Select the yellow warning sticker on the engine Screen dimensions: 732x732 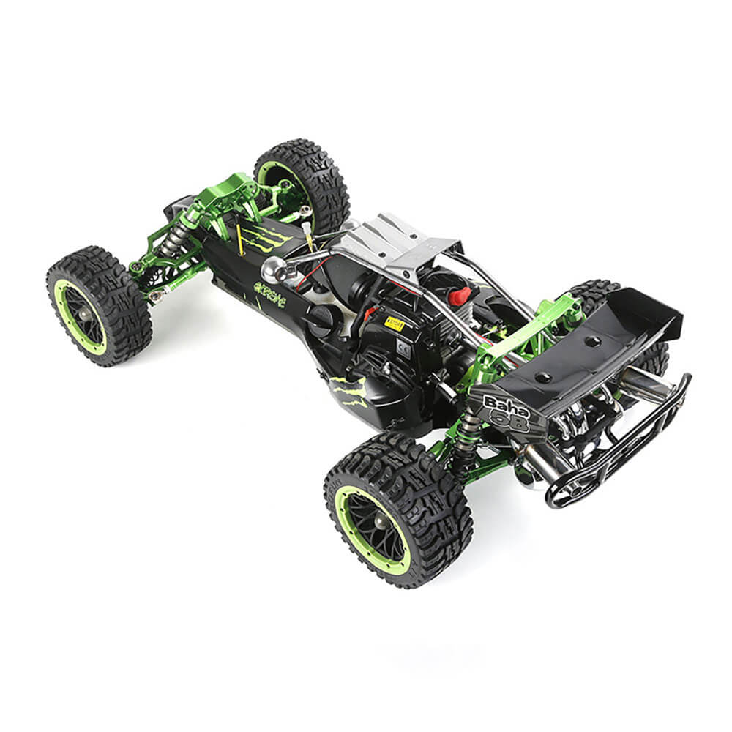(395, 323)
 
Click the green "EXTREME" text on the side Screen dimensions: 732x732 (270, 293)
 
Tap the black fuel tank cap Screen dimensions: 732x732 (319, 318)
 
